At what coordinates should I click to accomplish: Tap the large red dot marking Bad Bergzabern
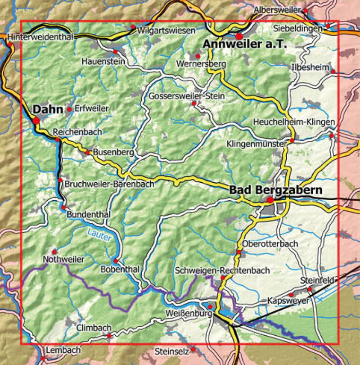(x=270, y=200)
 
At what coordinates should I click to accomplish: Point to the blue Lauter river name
(x=99, y=235)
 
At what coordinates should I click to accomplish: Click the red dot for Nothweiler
(x=54, y=252)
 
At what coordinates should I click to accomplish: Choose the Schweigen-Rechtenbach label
(x=222, y=270)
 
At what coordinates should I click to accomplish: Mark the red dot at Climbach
(x=109, y=336)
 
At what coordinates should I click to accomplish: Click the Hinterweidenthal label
(x=40, y=36)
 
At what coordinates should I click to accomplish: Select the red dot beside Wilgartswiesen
(x=133, y=27)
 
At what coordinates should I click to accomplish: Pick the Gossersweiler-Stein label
(x=186, y=96)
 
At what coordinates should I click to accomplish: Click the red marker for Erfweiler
(x=69, y=109)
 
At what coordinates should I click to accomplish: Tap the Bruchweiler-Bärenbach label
(x=109, y=184)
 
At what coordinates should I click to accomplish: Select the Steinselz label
(x=171, y=351)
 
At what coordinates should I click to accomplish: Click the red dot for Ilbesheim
(x=333, y=71)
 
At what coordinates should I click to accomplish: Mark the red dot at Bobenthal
(x=115, y=261)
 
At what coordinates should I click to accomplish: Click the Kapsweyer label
(x=288, y=300)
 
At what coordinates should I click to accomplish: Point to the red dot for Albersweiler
(x=305, y=10)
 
